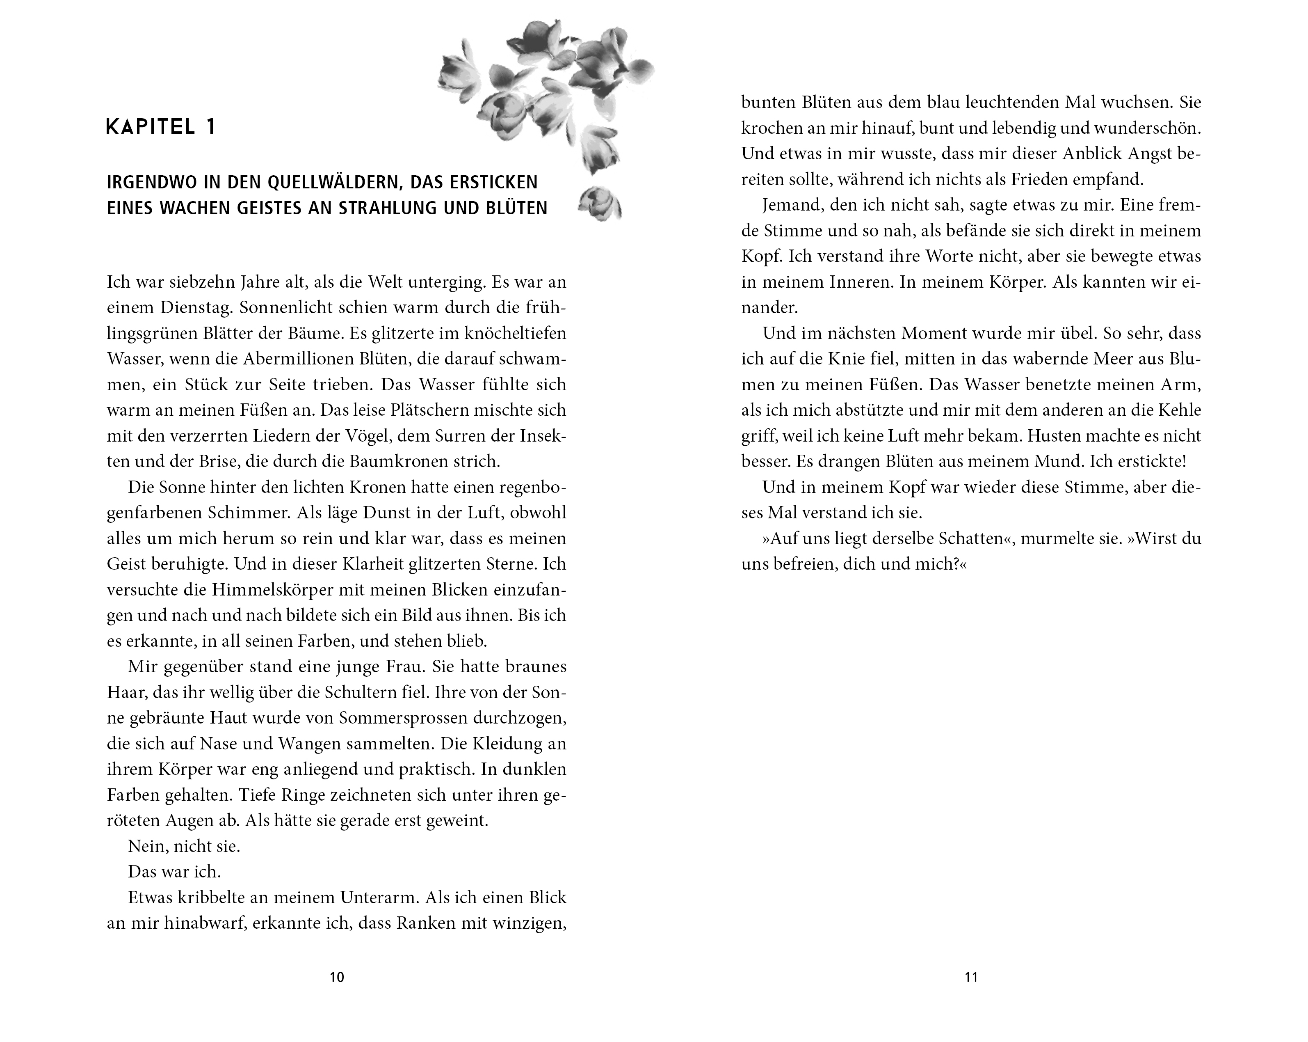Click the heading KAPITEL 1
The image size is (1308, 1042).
161,128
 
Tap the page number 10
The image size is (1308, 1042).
337,977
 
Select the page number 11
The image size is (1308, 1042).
971,977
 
